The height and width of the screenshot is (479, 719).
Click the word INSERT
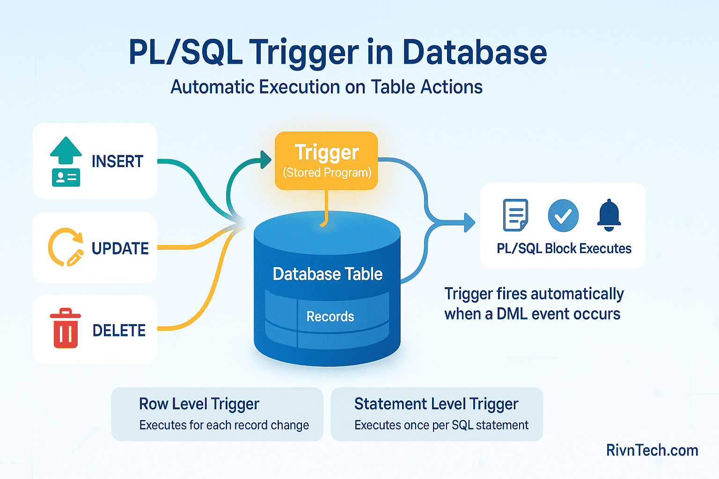pyautogui.click(x=117, y=161)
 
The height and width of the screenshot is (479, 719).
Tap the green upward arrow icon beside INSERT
pyautogui.click(x=66, y=151)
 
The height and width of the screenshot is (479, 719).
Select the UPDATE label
pyautogui.click(x=120, y=248)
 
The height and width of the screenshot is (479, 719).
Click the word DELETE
pyautogui.click(x=119, y=331)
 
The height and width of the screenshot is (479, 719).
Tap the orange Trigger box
pyautogui.click(x=326, y=160)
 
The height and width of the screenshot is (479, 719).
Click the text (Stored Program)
pyautogui.click(x=327, y=173)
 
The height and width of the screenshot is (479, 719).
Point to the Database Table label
pyautogui.click(x=328, y=274)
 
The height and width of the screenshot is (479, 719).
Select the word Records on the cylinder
pyautogui.click(x=330, y=317)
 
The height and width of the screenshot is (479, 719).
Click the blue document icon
pyautogui.click(x=515, y=215)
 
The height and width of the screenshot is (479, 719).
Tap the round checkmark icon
pyautogui.click(x=563, y=216)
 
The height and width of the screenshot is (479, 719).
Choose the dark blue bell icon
pyautogui.click(x=609, y=215)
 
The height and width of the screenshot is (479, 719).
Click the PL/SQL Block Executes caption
pyautogui.click(x=564, y=248)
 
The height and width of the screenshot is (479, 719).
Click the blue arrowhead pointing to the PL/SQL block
pyautogui.click(x=469, y=222)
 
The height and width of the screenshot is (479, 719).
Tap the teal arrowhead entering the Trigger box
pyautogui.click(x=266, y=160)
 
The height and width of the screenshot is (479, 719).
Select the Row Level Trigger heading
pyautogui.click(x=199, y=404)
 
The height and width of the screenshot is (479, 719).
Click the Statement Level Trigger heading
pyautogui.click(x=436, y=404)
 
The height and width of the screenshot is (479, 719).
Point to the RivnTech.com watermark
pyautogui.click(x=652, y=450)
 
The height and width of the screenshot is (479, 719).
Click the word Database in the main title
pyautogui.click(x=474, y=52)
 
